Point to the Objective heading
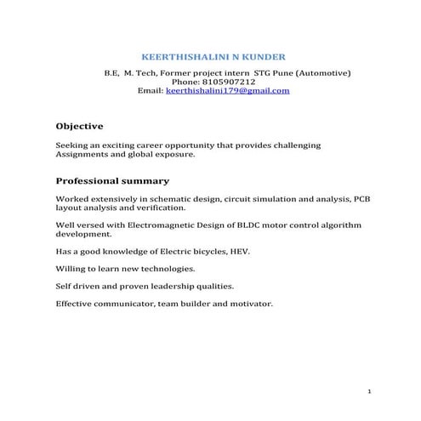(79, 126)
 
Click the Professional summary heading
(112, 181)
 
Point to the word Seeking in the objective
(71, 145)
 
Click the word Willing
(70, 269)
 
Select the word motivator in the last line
(250, 304)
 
